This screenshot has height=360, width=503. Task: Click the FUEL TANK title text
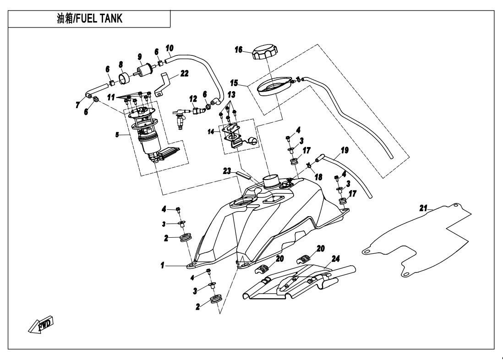pos(89,19)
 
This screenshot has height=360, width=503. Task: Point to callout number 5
pos(118,135)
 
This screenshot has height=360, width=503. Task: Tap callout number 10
pos(169,48)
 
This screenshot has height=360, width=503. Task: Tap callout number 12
pos(193,99)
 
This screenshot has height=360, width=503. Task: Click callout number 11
pos(111,98)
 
